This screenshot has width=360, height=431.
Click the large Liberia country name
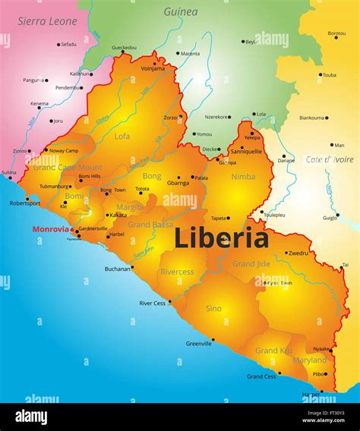221,238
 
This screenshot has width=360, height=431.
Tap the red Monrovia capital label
50,228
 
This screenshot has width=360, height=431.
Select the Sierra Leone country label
48,21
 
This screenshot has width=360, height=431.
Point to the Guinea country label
181,11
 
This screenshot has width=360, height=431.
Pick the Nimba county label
243,176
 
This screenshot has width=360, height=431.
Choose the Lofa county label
122,137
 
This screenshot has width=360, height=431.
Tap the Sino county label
213,308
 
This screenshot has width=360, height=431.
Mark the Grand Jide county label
251,263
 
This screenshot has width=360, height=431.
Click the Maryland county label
309,360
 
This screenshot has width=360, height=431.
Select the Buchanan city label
118,268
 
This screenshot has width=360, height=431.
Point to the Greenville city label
199,344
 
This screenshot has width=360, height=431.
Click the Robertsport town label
24,203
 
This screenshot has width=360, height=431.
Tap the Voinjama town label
153,68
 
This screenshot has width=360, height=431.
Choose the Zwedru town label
298,253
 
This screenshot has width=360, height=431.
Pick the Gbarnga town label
178,183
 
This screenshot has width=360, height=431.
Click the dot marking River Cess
170,302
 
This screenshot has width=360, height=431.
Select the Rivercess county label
177,272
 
